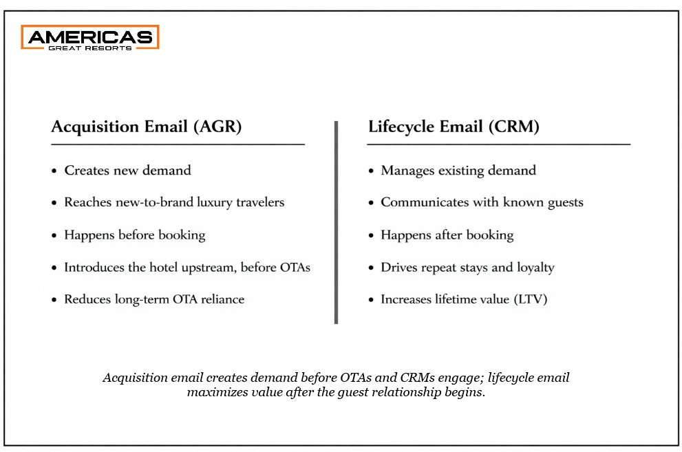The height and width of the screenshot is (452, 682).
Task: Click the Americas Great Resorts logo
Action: pos(90,37)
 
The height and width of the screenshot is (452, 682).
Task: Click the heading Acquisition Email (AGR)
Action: pos(147,127)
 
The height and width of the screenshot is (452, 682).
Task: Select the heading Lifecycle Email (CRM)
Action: pos(454,127)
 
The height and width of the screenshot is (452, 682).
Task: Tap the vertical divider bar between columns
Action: pos(336,222)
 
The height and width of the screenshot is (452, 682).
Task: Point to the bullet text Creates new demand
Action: pos(127,170)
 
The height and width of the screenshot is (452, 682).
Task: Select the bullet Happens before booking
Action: pos(135,235)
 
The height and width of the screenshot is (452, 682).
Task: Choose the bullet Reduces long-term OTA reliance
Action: pos(154,299)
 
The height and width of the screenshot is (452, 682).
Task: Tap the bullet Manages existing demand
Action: pos(458,170)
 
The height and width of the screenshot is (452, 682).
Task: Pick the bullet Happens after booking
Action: pos(447,235)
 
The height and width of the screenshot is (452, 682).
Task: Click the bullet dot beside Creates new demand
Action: pos(54,171)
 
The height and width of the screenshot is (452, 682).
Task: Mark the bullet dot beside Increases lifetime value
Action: pos(371,300)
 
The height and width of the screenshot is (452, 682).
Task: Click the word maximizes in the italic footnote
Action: pos(215,393)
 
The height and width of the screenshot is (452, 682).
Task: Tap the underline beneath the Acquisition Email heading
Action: pos(178,144)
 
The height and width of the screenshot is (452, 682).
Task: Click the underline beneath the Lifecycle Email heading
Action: pos(498,144)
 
